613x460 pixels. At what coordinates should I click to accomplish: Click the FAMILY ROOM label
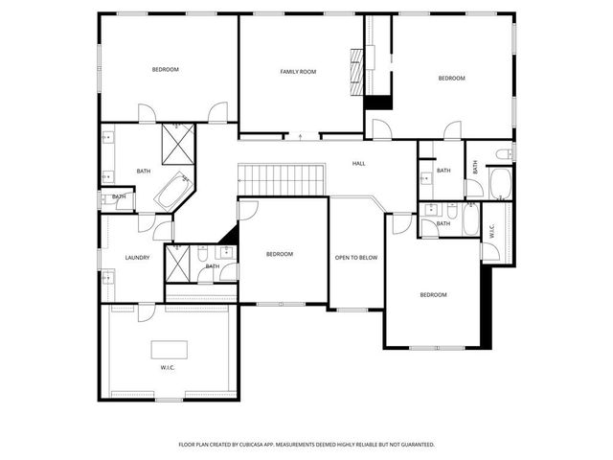pos(298,72)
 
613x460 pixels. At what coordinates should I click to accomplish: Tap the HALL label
pos(358,164)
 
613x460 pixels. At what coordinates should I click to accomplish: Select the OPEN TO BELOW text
pos(354,257)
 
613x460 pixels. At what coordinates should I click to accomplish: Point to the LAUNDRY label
pos(137,257)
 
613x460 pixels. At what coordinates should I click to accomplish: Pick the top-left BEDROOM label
pos(166,69)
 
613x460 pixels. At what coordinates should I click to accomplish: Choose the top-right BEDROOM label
pos(452,78)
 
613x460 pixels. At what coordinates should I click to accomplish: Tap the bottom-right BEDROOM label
pos(433,294)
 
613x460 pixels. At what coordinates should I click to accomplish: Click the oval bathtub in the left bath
pos(173,192)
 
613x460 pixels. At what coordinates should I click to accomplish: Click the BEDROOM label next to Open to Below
pos(279,254)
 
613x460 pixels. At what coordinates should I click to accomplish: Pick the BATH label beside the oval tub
pos(144,172)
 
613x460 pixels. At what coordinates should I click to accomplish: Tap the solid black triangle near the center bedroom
pos(230,234)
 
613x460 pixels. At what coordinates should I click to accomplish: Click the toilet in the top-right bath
pos(504,153)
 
